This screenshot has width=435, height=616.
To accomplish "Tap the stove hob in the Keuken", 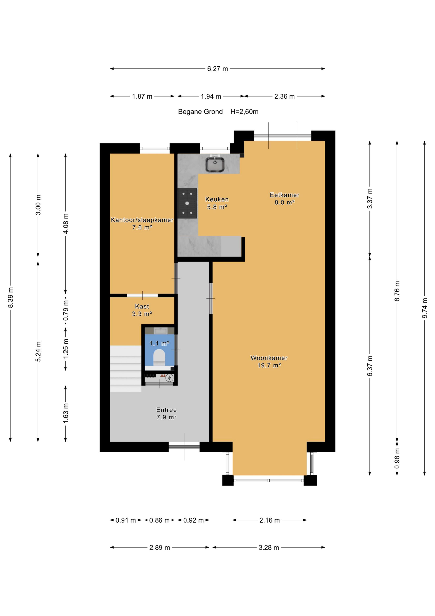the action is [187, 203].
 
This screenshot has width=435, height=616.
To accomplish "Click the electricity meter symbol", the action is [169, 378].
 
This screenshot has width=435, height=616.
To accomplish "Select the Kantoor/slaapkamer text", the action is [142, 220].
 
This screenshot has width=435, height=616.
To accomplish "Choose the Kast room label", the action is [142, 306].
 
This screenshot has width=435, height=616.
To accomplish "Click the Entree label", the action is [166, 410].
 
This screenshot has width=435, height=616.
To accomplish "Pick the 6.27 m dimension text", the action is [217, 69].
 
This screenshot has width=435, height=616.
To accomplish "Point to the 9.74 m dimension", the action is [425, 308].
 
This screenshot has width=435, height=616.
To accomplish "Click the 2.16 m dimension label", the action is [269, 520].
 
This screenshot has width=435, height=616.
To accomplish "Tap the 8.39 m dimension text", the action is [10, 298].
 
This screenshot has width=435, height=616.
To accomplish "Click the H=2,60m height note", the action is [244, 112].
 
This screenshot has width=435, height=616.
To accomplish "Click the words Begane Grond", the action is [200, 112].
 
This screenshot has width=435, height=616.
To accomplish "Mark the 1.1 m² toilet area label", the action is [159, 343].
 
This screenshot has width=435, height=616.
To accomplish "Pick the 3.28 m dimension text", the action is [269, 548].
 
